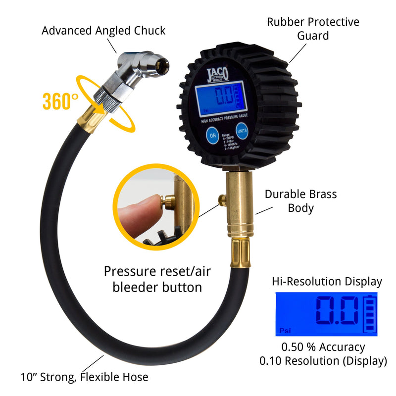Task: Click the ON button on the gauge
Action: [x=213, y=135]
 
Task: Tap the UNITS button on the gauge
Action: [x=242, y=131]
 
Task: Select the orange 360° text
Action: [x=60, y=101]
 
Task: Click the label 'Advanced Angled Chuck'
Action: [x=103, y=31]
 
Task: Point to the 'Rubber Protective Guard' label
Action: [x=313, y=29]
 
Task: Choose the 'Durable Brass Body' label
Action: [x=300, y=200]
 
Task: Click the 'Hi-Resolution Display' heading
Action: [x=327, y=282]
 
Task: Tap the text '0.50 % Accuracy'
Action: [x=323, y=347]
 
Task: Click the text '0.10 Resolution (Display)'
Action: [x=323, y=361]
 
